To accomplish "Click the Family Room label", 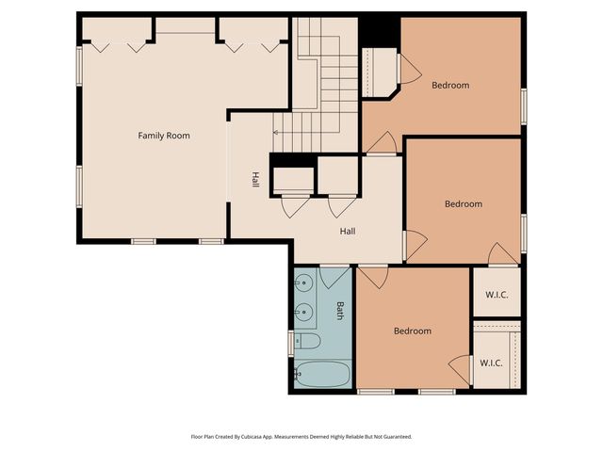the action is (x=164, y=136).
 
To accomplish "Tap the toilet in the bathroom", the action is (x=307, y=341).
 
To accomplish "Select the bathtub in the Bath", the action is (x=322, y=374).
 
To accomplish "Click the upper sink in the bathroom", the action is (x=303, y=283).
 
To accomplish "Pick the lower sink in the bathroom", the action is (x=303, y=312).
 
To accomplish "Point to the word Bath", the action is (x=340, y=311).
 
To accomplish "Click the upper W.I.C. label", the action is (x=497, y=295).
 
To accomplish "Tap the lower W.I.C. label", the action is (x=491, y=363).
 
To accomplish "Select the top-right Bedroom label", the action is (x=450, y=85).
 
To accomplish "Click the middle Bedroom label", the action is (x=464, y=203).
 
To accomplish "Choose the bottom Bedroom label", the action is (x=413, y=331).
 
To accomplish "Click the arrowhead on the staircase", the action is (x=275, y=133).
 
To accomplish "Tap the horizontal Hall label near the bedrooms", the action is (x=348, y=231).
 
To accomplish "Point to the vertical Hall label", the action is (x=255, y=180).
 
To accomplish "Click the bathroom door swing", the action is (x=334, y=278).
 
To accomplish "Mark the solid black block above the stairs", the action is (x=380, y=32).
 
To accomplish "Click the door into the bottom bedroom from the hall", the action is (x=373, y=277).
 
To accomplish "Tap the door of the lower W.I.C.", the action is (x=461, y=370).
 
